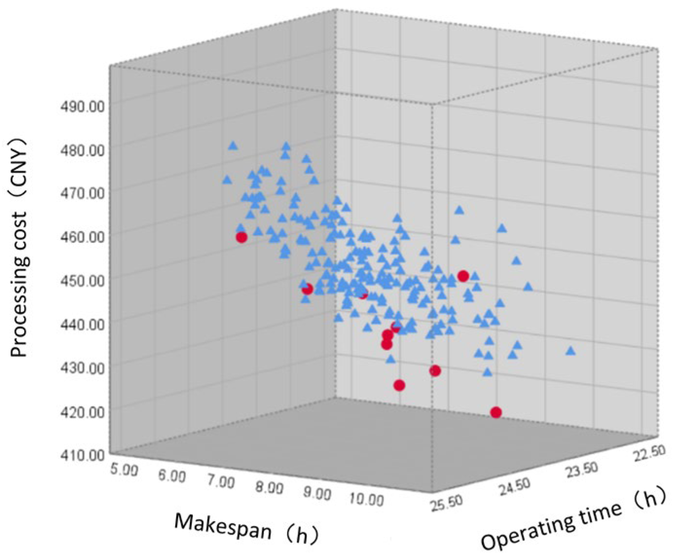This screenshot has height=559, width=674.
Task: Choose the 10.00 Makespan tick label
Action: click(366, 500)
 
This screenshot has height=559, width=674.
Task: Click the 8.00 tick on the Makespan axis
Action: click(269, 487)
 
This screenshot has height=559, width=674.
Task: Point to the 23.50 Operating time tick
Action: click(581, 469)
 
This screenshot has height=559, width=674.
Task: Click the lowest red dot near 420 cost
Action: click(496, 412)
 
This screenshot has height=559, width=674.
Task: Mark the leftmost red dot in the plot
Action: click(242, 237)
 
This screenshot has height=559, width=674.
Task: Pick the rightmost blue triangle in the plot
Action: click(570, 351)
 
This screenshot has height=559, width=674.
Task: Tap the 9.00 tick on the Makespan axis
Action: click(318, 493)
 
